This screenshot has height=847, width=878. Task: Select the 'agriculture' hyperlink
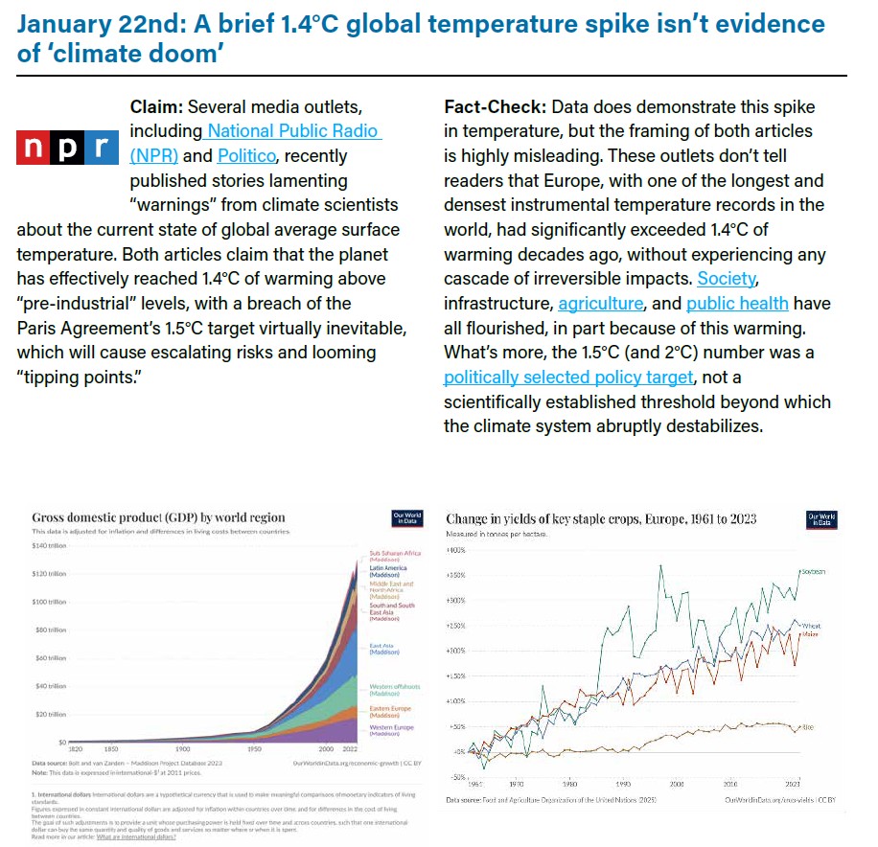tap(600, 304)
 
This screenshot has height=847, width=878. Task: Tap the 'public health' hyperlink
tap(737, 304)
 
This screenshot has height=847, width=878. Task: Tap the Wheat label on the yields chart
tap(811, 627)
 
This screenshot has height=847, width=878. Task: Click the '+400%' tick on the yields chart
tap(456, 550)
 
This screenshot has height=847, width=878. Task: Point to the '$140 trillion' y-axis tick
tap(49, 545)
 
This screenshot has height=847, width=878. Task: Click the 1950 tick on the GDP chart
tap(255, 748)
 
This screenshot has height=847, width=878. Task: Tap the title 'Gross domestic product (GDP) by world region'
tap(158, 517)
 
